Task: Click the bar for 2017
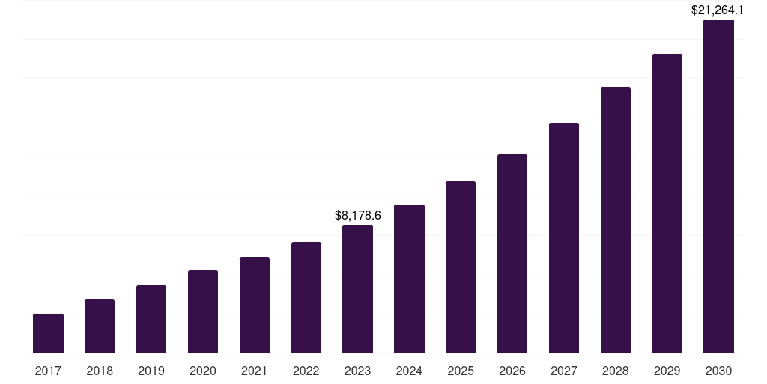(x=48, y=333)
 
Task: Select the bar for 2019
(x=151, y=319)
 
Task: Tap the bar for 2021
(x=255, y=304)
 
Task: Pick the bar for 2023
(x=357, y=289)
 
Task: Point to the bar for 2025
(x=461, y=267)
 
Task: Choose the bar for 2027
(x=564, y=238)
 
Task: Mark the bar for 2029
(x=667, y=203)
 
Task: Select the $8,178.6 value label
(x=357, y=216)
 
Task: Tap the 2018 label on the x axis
(x=100, y=370)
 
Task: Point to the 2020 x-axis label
(x=203, y=370)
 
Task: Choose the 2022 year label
(x=306, y=370)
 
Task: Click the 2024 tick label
(x=409, y=370)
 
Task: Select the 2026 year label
(x=512, y=370)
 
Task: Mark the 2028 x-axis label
(x=616, y=370)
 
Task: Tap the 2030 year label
(x=718, y=370)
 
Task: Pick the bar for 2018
(x=100, y=326)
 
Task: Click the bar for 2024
(x=409, y=279)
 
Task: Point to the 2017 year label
(x=48, y=370)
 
